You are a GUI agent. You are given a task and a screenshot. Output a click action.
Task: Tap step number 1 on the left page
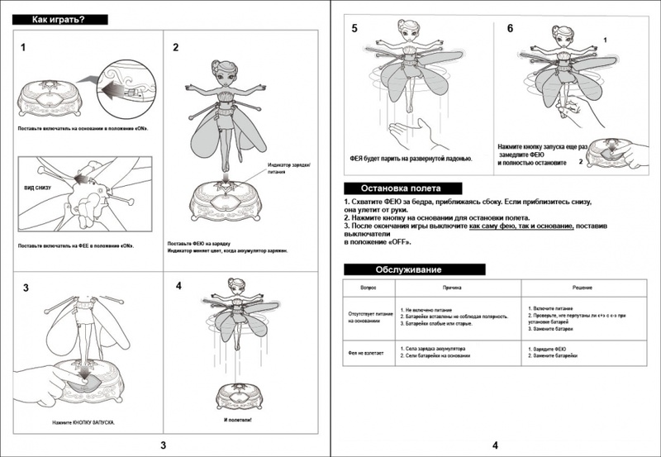(x=23, y=48)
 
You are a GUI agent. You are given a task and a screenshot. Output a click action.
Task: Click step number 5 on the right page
(x=354, y=28)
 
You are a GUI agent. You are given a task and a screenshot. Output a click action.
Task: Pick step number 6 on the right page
(x=510, y=28)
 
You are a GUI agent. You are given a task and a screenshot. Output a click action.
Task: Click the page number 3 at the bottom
(x=163, y=445)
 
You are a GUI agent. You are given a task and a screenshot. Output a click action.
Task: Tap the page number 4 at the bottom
(x=495, y=445)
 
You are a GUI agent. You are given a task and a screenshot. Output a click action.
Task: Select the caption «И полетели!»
(x=238, y=419)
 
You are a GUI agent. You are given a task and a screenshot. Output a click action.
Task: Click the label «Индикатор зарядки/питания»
(x=288, y=170)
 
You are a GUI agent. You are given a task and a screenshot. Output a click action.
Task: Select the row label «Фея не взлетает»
(x=364, y=353)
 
